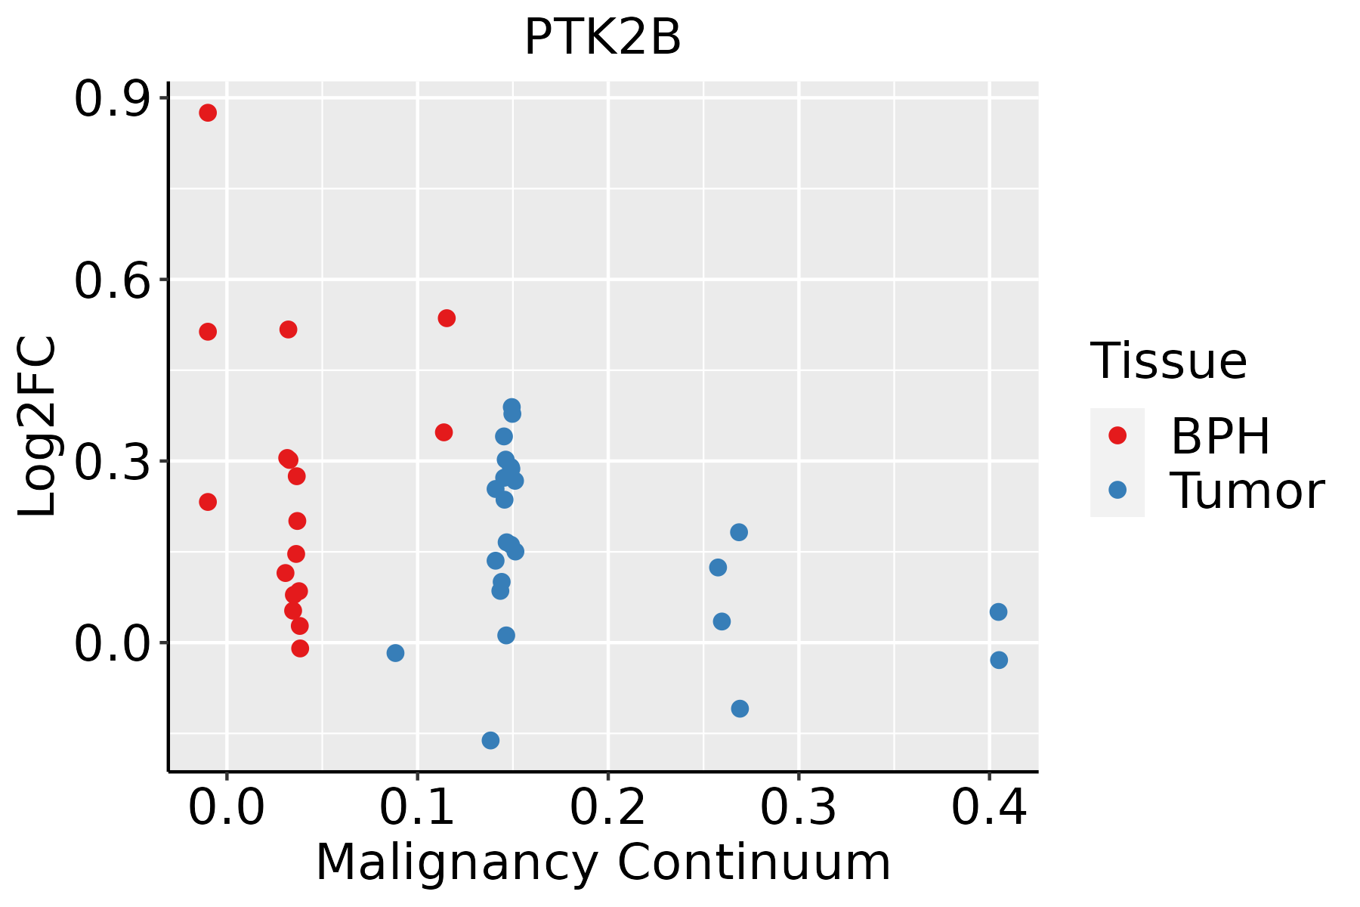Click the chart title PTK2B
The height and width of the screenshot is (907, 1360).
coord(602,38)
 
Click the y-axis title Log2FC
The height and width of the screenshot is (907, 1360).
coord(38,427)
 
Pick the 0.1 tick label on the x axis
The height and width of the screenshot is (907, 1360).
coord(417,808)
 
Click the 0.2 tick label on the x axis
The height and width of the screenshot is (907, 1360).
coord(607,808)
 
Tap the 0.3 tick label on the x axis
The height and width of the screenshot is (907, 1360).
coord(798,808)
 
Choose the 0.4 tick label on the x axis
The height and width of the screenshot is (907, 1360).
coord(988,808)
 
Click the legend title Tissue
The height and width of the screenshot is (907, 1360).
coord(1168,361)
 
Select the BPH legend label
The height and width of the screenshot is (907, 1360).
coord(1220,436)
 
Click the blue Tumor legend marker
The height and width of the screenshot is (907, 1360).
coord(1117,490)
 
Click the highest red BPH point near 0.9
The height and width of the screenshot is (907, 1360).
coord(208,113)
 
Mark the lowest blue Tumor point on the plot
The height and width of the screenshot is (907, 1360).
coord(490,740)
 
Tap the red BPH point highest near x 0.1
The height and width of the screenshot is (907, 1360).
coord(447,318)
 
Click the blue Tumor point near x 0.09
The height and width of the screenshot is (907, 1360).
coord(395,653)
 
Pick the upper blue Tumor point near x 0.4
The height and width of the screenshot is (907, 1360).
coord(998,611)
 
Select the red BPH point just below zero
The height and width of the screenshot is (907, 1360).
coord(300,649)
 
